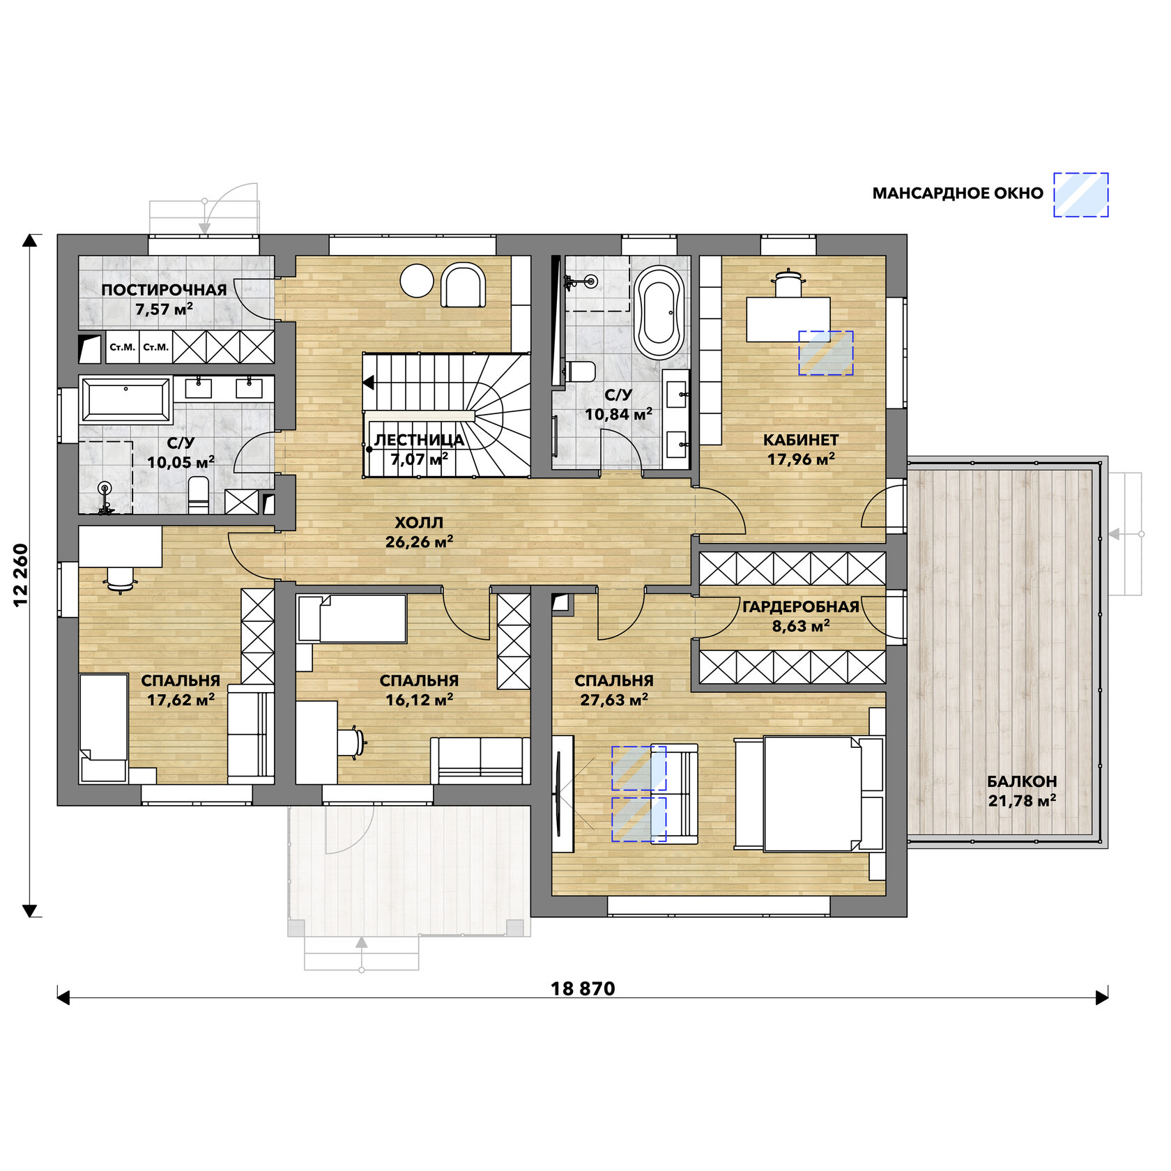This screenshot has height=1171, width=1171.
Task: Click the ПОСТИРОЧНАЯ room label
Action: coord(164,290)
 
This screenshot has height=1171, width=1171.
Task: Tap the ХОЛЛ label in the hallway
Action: coord(419,522)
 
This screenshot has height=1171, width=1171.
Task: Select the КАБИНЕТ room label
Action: coord(801,440)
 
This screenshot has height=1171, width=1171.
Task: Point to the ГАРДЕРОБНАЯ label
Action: coord(800,606)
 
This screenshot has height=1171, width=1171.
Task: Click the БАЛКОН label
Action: coord(1022,781)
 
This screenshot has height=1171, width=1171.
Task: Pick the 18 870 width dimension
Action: coord(583,988)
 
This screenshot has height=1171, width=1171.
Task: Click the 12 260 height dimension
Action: coord(21,575)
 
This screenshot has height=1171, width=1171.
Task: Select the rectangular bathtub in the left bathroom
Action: coord(125,400)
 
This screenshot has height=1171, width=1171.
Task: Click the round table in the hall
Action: coord(417,281)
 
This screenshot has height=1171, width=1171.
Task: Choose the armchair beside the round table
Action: coord(463,284)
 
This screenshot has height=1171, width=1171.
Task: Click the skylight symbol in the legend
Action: coord(1080,194)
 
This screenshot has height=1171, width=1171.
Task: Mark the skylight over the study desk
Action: coord(826,353)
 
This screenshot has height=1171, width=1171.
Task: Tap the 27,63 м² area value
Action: coord(614,700)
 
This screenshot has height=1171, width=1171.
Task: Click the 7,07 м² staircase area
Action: coord(419,459)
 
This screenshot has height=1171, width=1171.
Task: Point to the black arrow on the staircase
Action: coord(369,383)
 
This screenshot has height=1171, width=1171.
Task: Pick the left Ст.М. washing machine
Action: coord(123,347)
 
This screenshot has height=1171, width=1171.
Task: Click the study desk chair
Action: coord(788,284)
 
